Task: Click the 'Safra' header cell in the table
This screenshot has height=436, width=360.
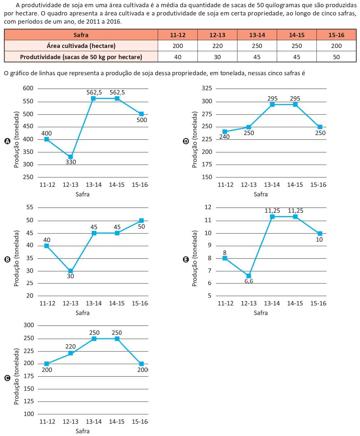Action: (81, 35)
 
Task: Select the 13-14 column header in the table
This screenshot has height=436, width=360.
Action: (257, 35)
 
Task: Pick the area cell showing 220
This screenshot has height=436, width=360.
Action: (217, 46)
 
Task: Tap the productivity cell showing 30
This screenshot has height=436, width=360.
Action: (217, 57)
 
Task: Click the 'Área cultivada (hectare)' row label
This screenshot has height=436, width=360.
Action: (81, 46)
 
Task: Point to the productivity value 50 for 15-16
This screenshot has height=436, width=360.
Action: (336, 57)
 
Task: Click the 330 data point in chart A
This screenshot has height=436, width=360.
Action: (70, 157)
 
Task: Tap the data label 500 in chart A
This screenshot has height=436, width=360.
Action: (142, 120)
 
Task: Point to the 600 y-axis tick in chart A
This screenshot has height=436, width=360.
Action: (28, 88)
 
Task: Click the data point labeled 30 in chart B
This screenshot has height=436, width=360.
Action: (70, 271)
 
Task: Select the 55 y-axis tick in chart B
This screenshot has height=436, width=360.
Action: (30, 207)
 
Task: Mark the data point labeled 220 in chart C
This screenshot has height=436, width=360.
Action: (70, 353)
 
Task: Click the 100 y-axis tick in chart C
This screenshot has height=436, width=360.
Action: (29, 414)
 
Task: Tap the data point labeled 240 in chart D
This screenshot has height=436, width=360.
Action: (225, 132)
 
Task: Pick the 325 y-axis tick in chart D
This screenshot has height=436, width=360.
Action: (207, 88)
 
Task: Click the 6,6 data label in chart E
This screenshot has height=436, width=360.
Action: (249, 281)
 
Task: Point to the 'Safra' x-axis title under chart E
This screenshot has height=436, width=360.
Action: (261, 313)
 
